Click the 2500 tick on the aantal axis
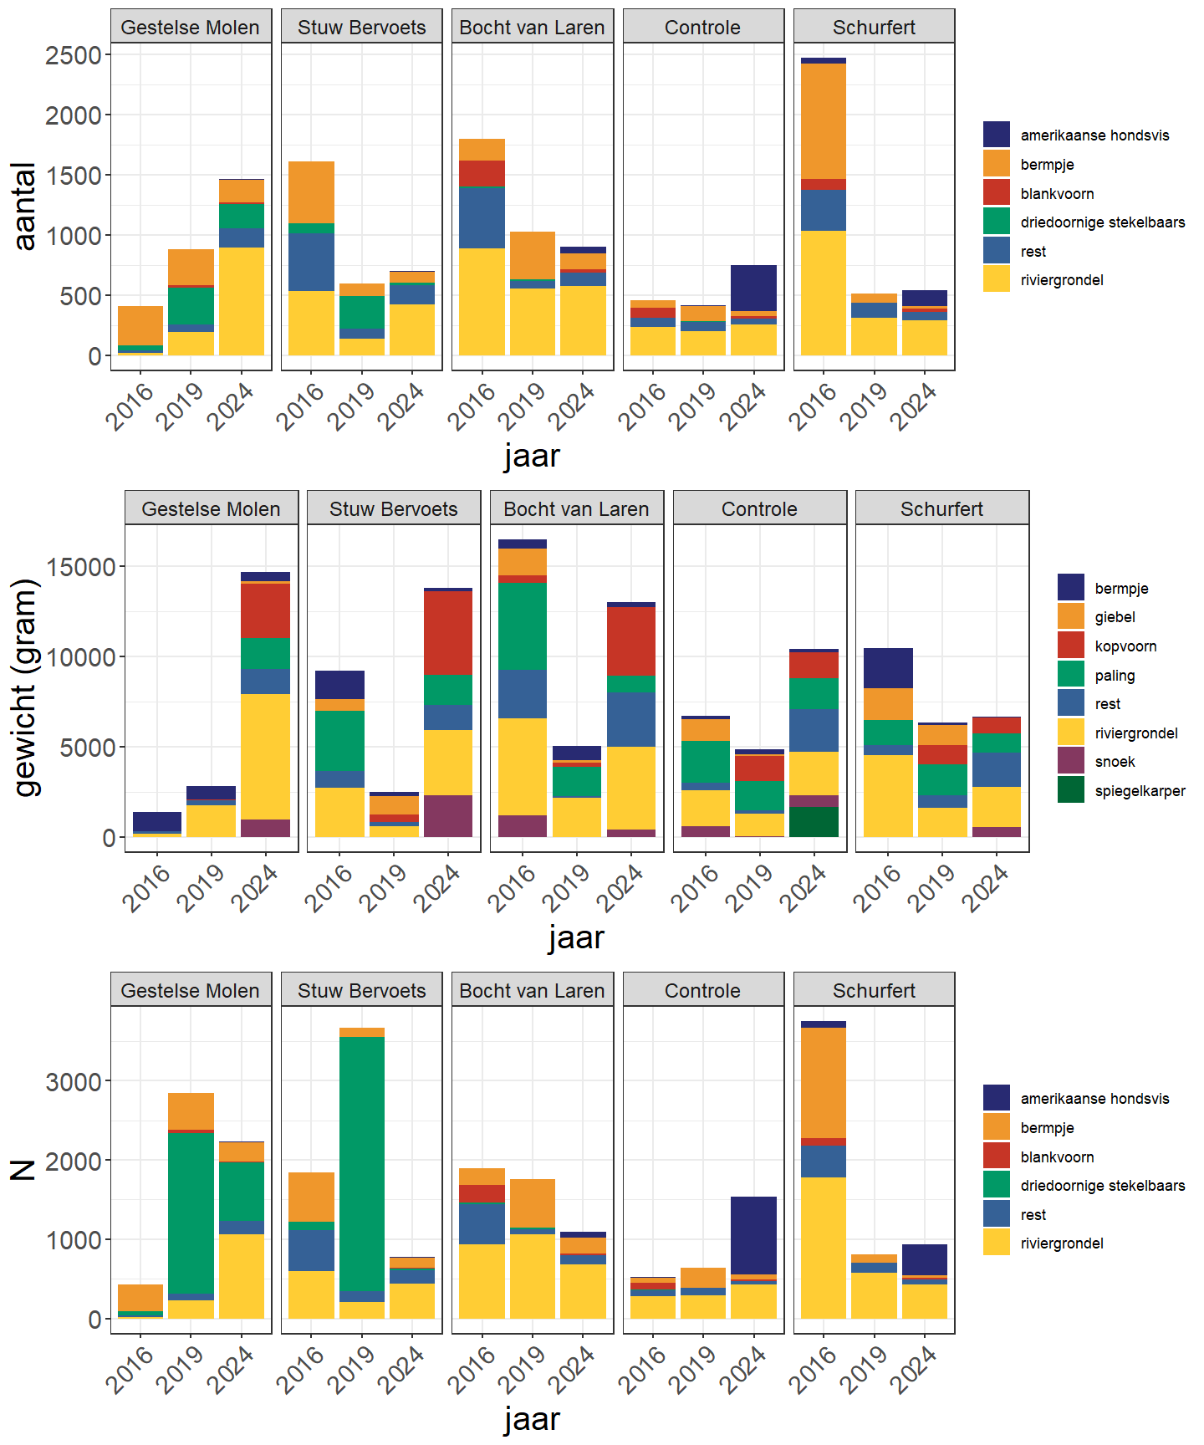[74, 55]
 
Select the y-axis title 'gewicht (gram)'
[27, 687]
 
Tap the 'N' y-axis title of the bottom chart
[23, 1169]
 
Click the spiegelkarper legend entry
[1140, 791]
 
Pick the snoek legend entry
[1115, 762]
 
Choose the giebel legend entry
[1115, 617]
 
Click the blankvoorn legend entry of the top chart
[1057, 194]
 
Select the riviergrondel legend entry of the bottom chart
[1061, 1243]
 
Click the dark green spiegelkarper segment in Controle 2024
[814, 822]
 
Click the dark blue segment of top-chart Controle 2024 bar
[753, 288]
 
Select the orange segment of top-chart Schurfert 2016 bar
[823, 121]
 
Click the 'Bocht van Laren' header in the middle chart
[576, 508]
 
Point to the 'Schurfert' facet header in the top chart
[874, 27]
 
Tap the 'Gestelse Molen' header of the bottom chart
[190, 990]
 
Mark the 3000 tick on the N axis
[74, 1082]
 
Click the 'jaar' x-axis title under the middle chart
[576, 937]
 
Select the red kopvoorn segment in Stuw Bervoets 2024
[448, 633]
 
